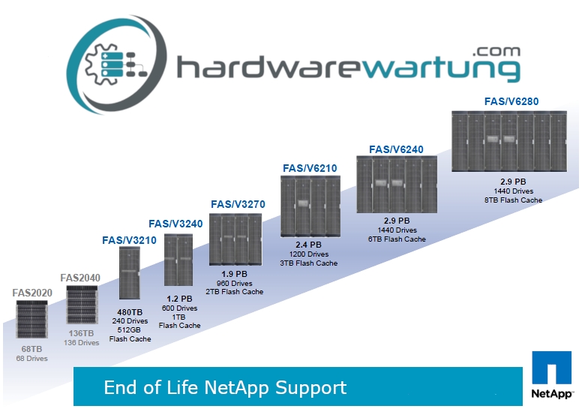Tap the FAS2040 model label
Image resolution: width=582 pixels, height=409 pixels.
click(x=79, y=277)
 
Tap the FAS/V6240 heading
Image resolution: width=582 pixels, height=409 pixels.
click(x=396, y=149)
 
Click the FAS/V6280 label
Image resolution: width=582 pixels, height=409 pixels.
click(x=511, y=101)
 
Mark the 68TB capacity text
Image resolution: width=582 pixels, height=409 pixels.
click(x=31, y=349)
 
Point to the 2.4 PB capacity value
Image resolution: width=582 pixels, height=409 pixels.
click(x=307, y=245)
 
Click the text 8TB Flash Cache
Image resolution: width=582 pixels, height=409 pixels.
click(x=513, y=200)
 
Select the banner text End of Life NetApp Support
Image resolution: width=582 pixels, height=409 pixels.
click(x=225, y=387)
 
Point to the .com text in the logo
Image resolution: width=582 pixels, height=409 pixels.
click(x=496, y=51)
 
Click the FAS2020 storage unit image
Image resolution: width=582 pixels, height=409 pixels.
click(x=31, y=318)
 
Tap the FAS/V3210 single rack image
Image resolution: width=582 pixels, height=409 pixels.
click(x=130, y=273)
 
